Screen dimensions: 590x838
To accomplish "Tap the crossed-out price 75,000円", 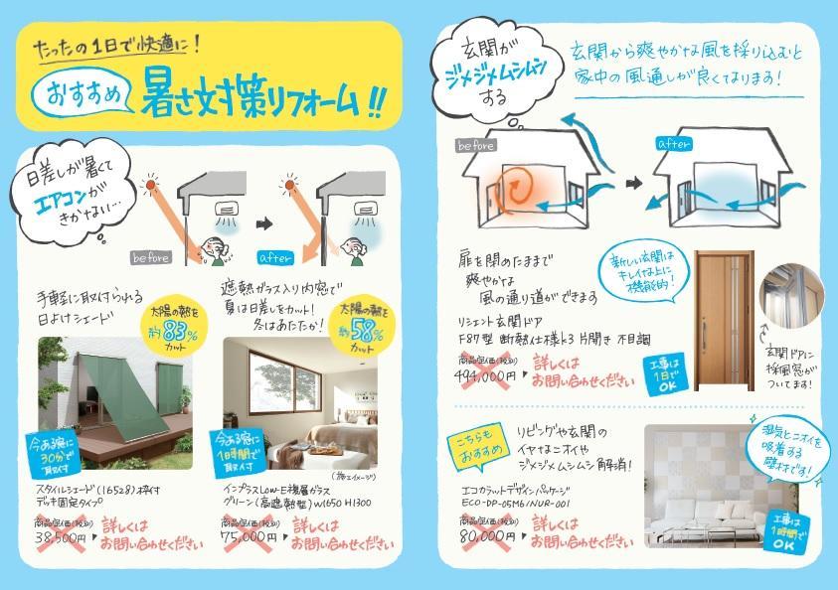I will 250,537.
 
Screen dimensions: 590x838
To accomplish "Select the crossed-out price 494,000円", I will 488,375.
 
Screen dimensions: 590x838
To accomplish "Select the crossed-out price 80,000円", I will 484,539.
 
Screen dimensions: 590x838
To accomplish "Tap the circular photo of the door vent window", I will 791,296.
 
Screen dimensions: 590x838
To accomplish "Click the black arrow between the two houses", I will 634,185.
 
